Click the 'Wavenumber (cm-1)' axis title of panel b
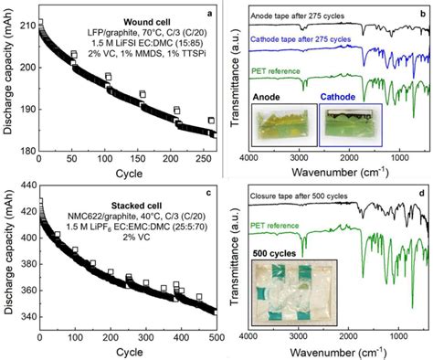click(335, 175)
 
